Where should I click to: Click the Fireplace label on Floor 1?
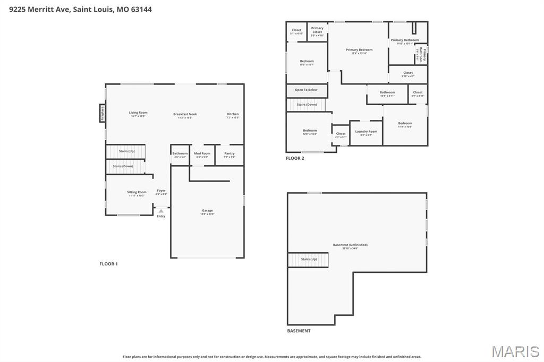coord(103,113)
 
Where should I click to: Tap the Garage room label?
coord(207,211)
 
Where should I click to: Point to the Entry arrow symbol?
coord(161,211)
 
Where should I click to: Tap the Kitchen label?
coord(233,115)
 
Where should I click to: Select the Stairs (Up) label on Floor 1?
coord(126,151)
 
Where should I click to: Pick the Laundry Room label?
coord(366,132)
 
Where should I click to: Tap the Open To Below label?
coord(306,90)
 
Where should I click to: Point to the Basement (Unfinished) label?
coord(350,246)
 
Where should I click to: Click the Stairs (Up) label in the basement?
coord(309,259)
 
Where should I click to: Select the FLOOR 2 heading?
coord(295,158)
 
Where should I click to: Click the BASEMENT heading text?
coord(299,331)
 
